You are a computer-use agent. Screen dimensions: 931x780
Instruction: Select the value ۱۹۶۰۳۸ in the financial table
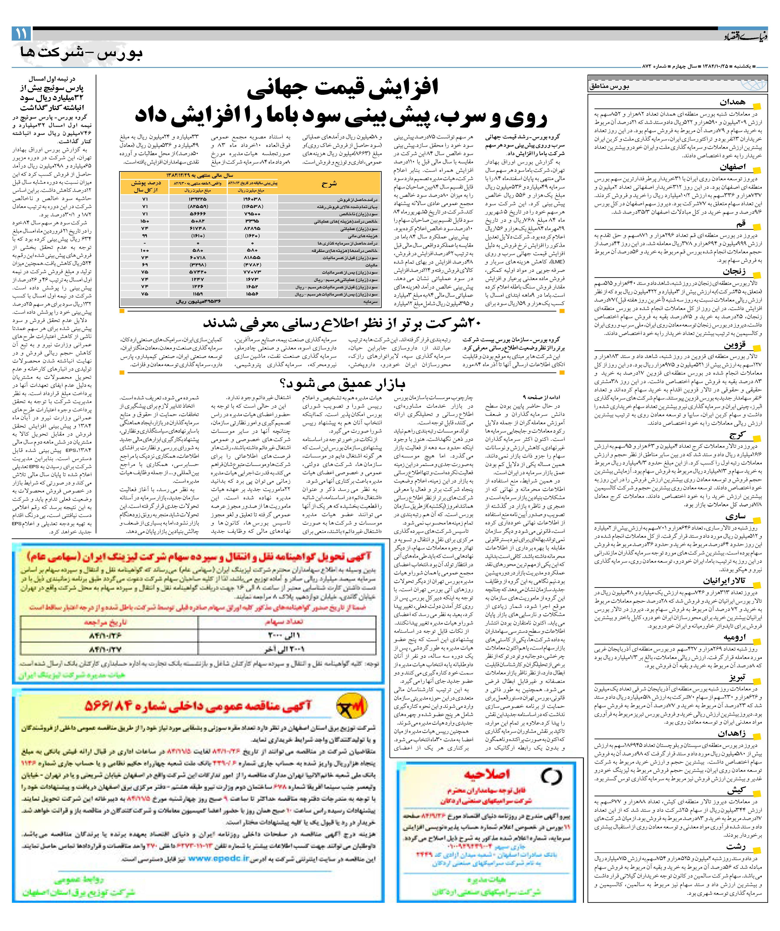coord(252,200)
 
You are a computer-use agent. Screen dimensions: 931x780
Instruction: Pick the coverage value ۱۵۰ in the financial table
coord(145,221)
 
